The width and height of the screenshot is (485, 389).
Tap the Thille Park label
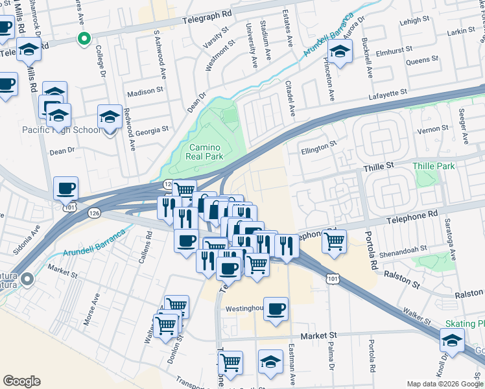[x=434, y=167]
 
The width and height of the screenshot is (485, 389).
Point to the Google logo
[x=21, y=381]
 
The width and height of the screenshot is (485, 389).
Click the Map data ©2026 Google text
[x=445, y=384]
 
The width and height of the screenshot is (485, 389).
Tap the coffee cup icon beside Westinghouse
[x=276, y=309]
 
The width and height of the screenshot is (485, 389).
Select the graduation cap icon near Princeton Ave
[x=339, y=51]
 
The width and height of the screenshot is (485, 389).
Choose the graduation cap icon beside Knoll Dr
[x=452, y=340]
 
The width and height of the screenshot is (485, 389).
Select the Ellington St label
[x=319, y=148]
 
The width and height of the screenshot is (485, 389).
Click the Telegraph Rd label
[x=207, y=13]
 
